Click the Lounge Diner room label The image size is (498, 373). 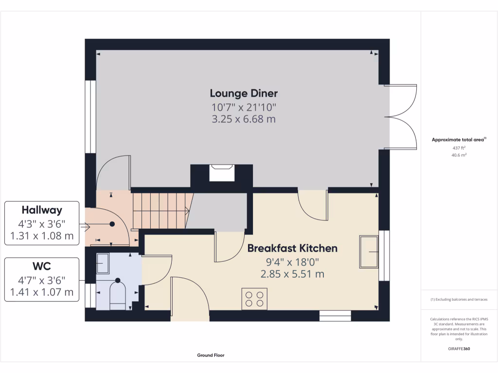point(244,93)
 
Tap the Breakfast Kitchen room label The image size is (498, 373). point(292,248)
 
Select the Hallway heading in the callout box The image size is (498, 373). point(42,210)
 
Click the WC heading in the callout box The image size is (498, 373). point(42,266)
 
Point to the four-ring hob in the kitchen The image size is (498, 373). point(254,298)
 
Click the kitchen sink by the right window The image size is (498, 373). point(369,252)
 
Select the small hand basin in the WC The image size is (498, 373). point(103,263)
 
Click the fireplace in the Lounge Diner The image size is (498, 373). point(221,173)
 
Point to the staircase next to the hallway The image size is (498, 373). point(160,210)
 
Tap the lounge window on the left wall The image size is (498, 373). point(90,117)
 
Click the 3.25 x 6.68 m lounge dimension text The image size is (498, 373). point(244,119)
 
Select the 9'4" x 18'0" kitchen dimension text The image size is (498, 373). point(292,262)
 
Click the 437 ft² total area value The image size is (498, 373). point(459,148)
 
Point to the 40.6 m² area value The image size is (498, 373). point(459,155)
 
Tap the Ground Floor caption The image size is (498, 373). point(211,356)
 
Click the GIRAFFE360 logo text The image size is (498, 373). point(459,349)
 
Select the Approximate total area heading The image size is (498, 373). point(459,139)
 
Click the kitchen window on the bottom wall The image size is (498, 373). point(335,316)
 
